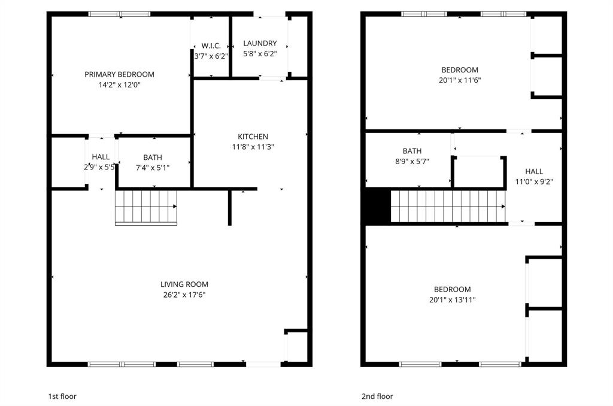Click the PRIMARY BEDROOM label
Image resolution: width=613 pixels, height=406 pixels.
119,74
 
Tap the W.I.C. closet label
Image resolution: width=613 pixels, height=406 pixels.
211,46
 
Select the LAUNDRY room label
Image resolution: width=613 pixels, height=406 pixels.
260,43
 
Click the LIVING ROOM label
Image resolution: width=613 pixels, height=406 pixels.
184,284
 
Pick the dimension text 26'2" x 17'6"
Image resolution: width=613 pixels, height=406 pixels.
184,295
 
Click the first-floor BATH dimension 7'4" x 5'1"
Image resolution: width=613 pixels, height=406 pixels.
152,168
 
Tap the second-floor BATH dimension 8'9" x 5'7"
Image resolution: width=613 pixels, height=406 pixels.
412,161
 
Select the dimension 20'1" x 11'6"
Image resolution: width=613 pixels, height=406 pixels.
460,80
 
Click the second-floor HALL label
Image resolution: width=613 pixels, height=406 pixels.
534,171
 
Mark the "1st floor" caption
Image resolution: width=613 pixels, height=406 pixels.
62,396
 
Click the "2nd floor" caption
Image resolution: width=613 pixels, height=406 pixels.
377,396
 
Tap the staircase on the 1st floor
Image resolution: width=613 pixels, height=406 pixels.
146,207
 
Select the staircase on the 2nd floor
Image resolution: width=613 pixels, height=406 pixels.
448,207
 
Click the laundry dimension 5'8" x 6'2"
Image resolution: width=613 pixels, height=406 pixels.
260,54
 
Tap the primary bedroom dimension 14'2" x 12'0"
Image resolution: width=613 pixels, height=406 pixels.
119,85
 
